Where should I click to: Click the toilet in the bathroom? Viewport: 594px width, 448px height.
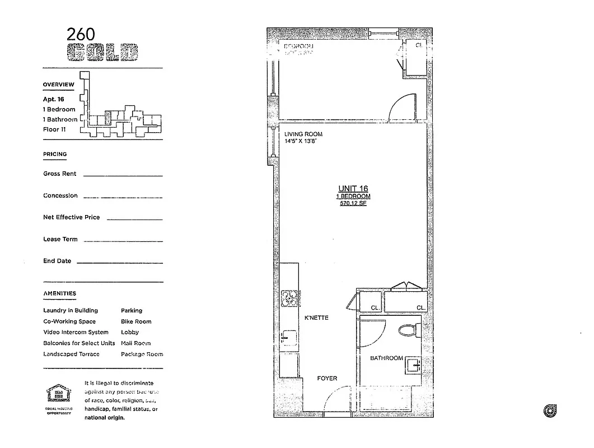point(409,330)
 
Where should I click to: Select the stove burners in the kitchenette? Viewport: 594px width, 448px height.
point(290,298)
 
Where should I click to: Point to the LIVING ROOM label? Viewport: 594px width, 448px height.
point(303,134)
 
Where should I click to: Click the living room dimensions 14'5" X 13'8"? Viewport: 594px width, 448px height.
point(301,142)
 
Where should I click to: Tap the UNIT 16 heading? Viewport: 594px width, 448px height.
point(353,189)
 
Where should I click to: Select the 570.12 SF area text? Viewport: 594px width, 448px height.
point(353,204)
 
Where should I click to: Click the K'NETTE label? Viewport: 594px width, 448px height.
point(316,318)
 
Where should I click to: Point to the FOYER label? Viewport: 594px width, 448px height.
point(327,379)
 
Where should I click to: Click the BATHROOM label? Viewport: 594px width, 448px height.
point(386,358)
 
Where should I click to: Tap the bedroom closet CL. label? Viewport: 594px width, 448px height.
point(419,46)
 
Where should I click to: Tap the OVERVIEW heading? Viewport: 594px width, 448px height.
point(58,85)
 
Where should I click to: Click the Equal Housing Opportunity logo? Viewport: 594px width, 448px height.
point(59,395)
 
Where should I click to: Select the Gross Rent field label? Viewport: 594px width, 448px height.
point(60,174)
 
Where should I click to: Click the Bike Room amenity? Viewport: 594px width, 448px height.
point(136,321)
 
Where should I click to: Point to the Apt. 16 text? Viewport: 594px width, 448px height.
point(54,99)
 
